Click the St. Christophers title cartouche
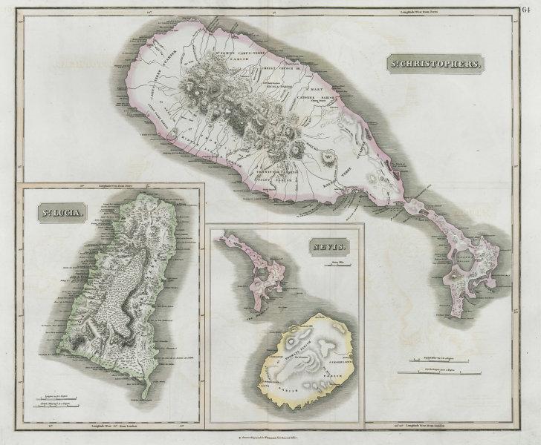(x=438, y=64)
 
